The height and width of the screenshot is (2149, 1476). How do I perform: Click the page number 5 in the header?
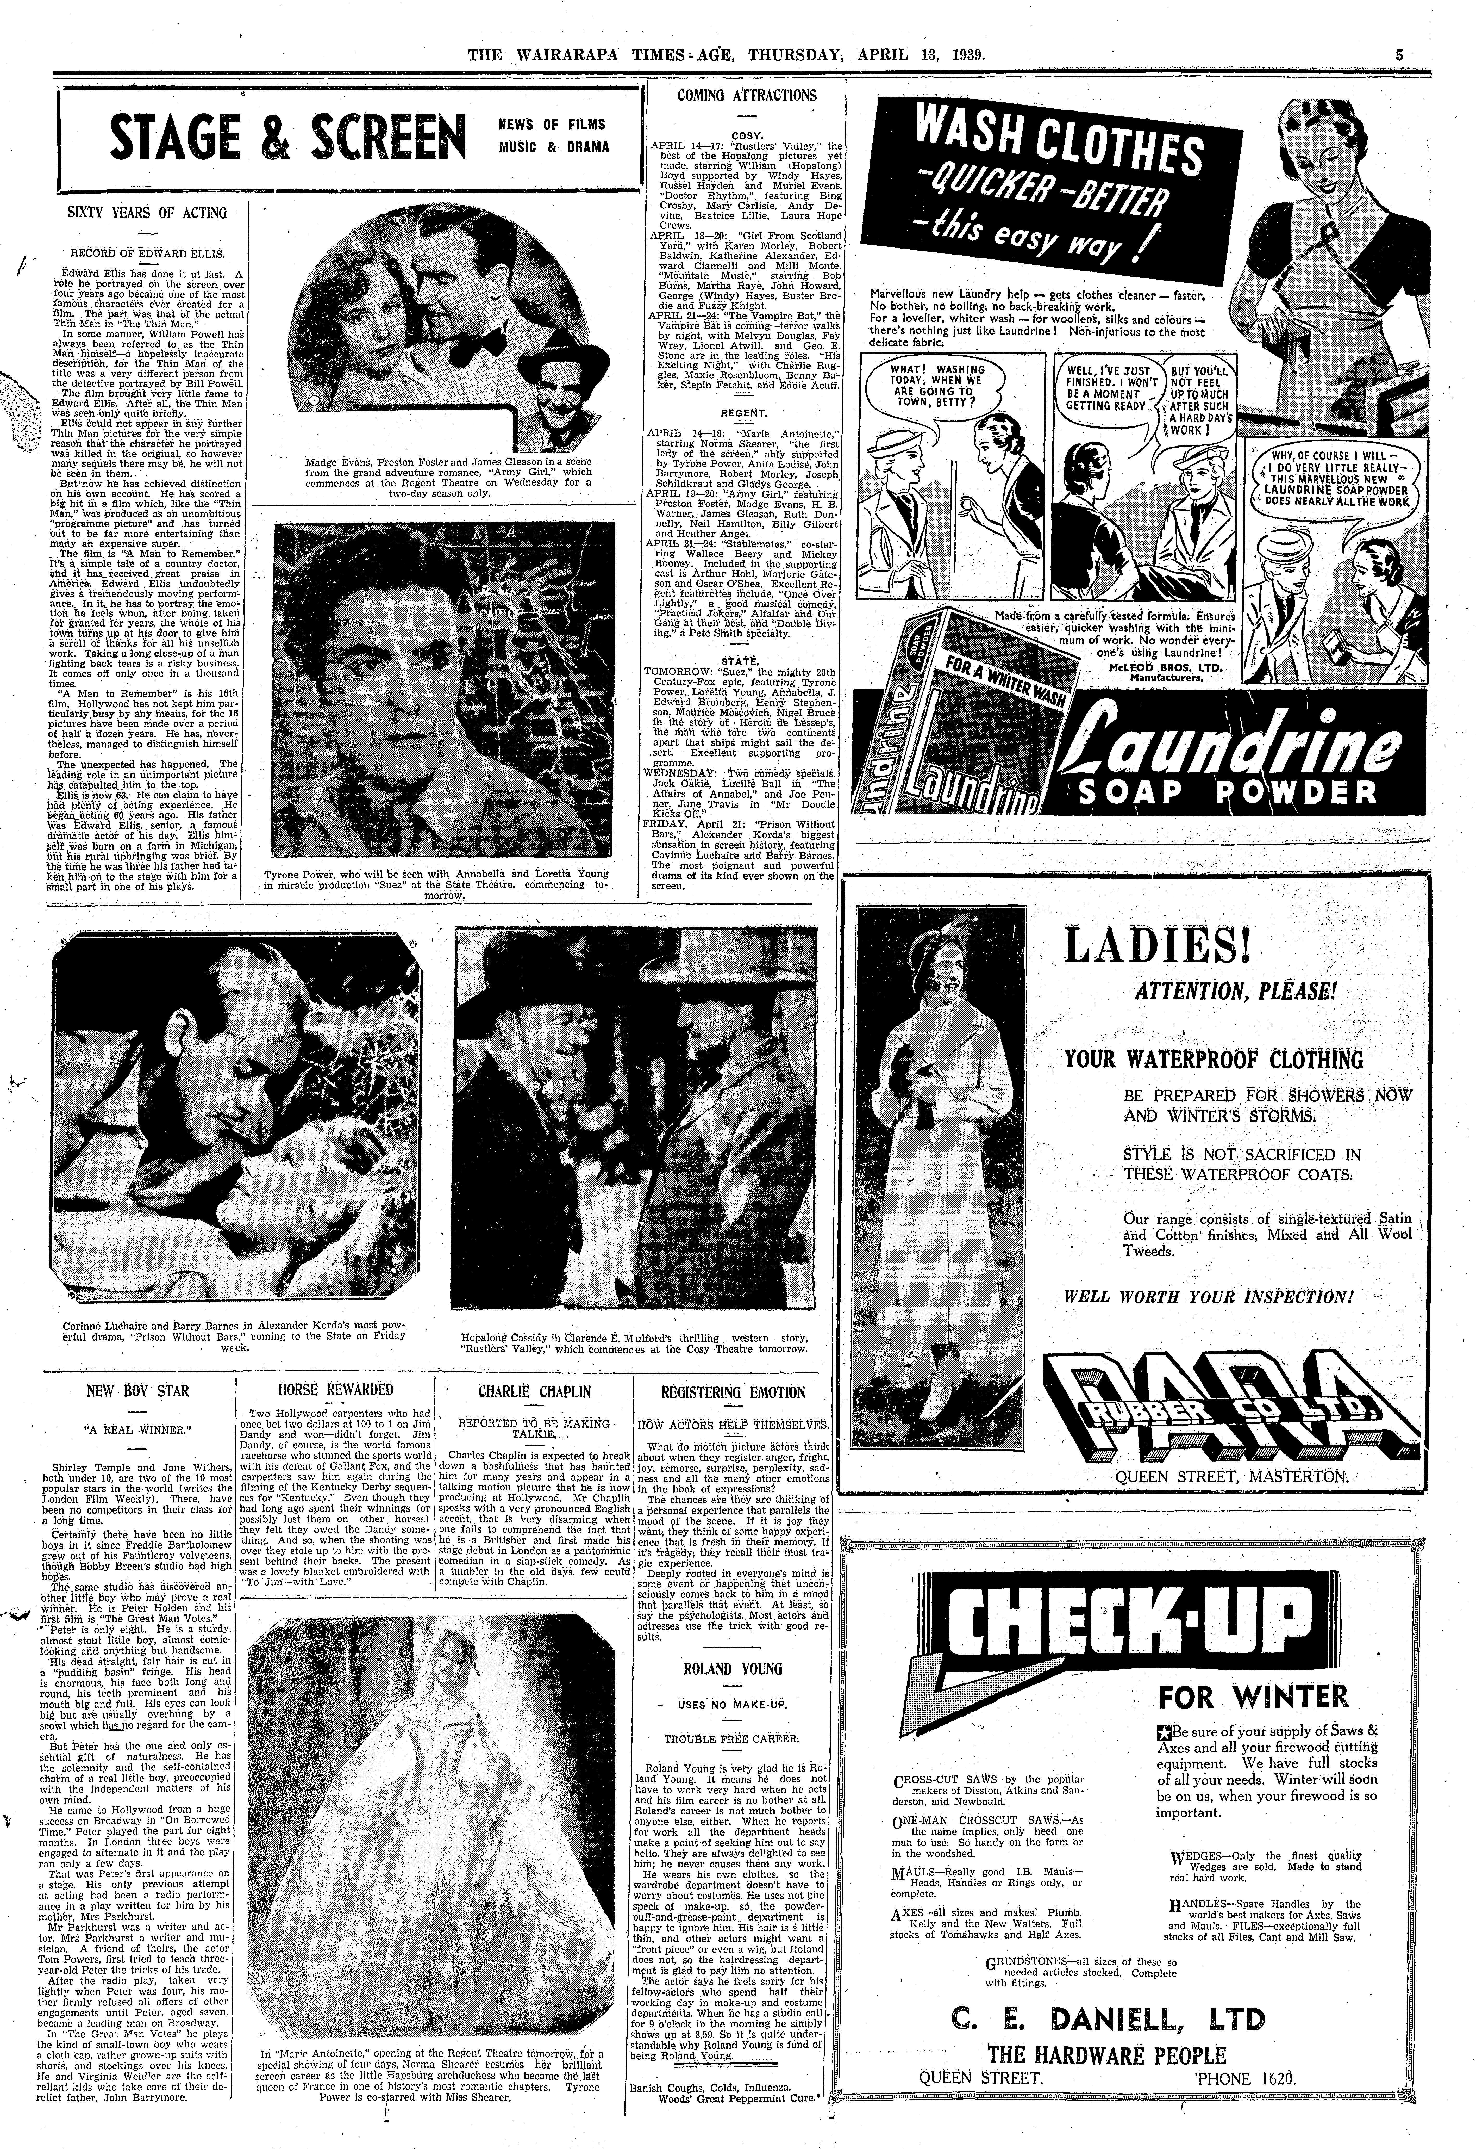click(x=1399, y=55)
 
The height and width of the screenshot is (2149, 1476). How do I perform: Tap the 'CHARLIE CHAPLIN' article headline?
click(x=535, y=1390)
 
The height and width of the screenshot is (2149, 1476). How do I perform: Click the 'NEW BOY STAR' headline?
click(x=138, y=1390)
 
